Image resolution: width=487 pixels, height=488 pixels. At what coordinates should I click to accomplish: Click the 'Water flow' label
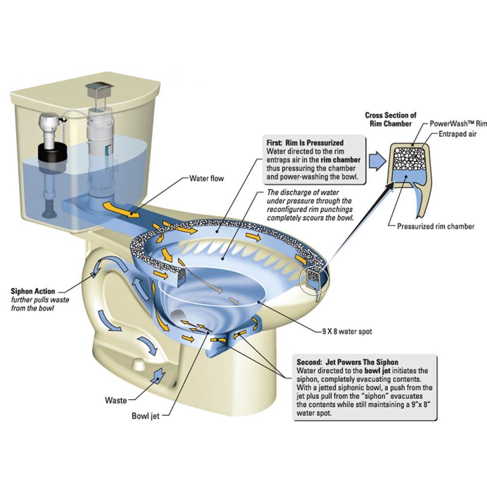(206, 178)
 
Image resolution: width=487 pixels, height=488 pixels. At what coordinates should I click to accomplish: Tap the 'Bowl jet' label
(146, 416)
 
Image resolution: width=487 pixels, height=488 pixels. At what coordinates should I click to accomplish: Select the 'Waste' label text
(116, 400)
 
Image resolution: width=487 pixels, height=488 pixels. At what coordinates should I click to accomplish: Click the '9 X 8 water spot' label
(347, 332)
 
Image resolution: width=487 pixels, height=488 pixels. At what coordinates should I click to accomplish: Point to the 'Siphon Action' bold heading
(33, 292)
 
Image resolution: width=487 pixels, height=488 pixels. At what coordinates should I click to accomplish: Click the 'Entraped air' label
(457, 134)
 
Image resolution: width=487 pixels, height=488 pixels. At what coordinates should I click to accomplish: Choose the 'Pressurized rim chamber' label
(436, 226)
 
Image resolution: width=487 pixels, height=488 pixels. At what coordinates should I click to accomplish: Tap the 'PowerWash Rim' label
(458, 123)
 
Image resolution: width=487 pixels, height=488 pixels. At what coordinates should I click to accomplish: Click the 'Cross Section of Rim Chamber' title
(391, 119)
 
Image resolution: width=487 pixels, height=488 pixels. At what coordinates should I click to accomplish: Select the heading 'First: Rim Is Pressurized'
(305, 143)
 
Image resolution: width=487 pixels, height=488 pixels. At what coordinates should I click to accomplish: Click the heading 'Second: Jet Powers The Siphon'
(347, 362)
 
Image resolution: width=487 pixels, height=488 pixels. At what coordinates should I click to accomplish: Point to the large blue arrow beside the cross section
(377, 161)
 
